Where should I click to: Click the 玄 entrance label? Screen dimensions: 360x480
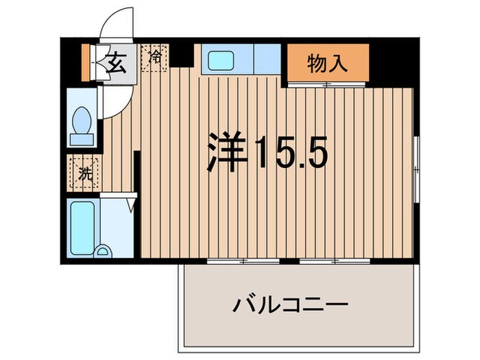116,64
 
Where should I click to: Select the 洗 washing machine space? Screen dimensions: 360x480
84,173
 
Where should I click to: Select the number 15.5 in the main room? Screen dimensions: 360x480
291,152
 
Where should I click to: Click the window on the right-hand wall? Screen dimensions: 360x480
416,168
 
